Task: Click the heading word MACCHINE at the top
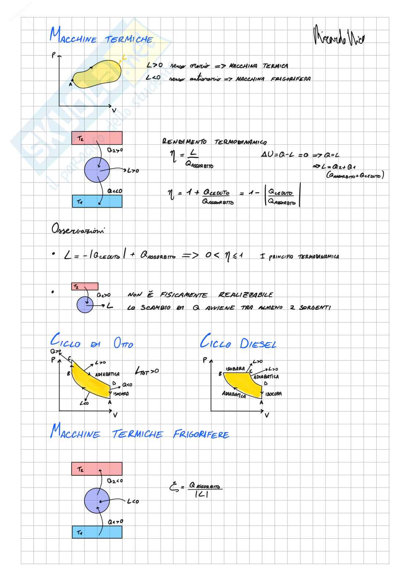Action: (73, 38)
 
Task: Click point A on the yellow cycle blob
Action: (72, 80)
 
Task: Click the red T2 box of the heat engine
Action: (97, 138)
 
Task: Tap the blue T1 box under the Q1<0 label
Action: (97, 201)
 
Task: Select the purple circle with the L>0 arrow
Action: (97, 170)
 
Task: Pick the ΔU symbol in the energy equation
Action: (266, 155)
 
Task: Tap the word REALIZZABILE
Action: (245, 295)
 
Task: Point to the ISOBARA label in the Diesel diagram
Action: (235, 369)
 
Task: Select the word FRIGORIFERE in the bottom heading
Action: (201, 435)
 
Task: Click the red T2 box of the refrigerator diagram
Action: (97, 469)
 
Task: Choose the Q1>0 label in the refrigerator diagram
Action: (115, 522)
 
